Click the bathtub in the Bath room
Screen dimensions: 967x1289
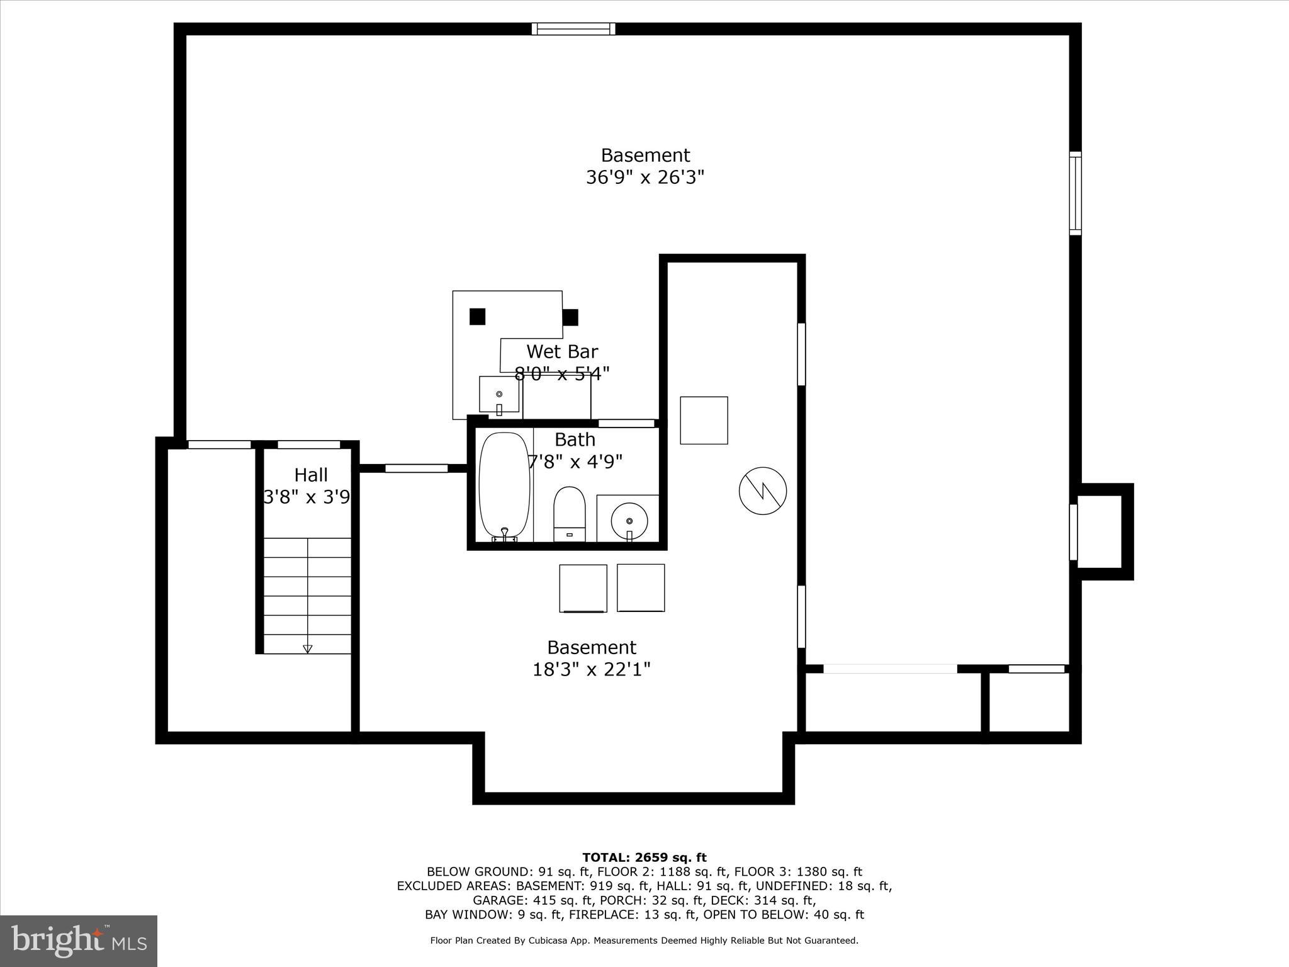[504, 485]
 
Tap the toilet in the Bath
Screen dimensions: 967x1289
[569, 513]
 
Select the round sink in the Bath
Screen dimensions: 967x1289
[628, 520]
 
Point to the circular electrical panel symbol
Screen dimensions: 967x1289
[763, 491]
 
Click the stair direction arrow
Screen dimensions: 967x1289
[307, 648]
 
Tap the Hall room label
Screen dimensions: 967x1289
[311, 475]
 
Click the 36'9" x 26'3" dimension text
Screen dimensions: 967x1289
[644, 178]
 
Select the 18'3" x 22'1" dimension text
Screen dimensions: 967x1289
[591, 669]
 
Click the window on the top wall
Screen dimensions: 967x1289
[573, 29]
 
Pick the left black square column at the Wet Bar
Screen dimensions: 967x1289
[478, 317]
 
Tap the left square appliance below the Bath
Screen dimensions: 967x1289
[583, 588]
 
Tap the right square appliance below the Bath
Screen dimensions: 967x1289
[641, 588]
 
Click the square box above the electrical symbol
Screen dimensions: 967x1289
[704, 420]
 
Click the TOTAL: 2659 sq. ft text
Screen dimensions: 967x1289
[644, 857]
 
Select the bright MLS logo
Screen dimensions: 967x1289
[79, 941]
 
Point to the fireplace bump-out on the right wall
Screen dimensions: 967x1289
[1103, 532]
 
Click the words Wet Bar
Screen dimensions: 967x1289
[561, 351]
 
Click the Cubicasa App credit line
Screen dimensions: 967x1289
[644, 941]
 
